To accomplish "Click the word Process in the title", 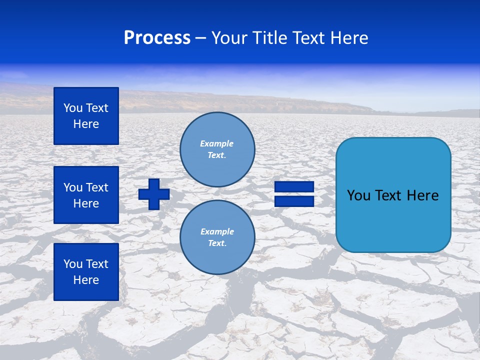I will (157, 38).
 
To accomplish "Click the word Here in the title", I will (348, 38).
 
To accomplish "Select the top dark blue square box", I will (86, 116).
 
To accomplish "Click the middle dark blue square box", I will (86, 195).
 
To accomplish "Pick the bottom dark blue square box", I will (86, 272).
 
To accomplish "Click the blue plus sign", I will (154, 194).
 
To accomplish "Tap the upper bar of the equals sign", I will (294, 187).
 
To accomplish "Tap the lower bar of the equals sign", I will (294, 201).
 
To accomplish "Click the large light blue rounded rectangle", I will (393, 220).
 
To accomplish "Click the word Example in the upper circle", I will (216, 143).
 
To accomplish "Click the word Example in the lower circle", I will (217, 231).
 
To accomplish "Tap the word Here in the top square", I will (86, 124).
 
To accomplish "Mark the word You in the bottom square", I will (73, 264).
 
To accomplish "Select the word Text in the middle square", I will (97, 187).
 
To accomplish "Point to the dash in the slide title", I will (200, 38).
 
